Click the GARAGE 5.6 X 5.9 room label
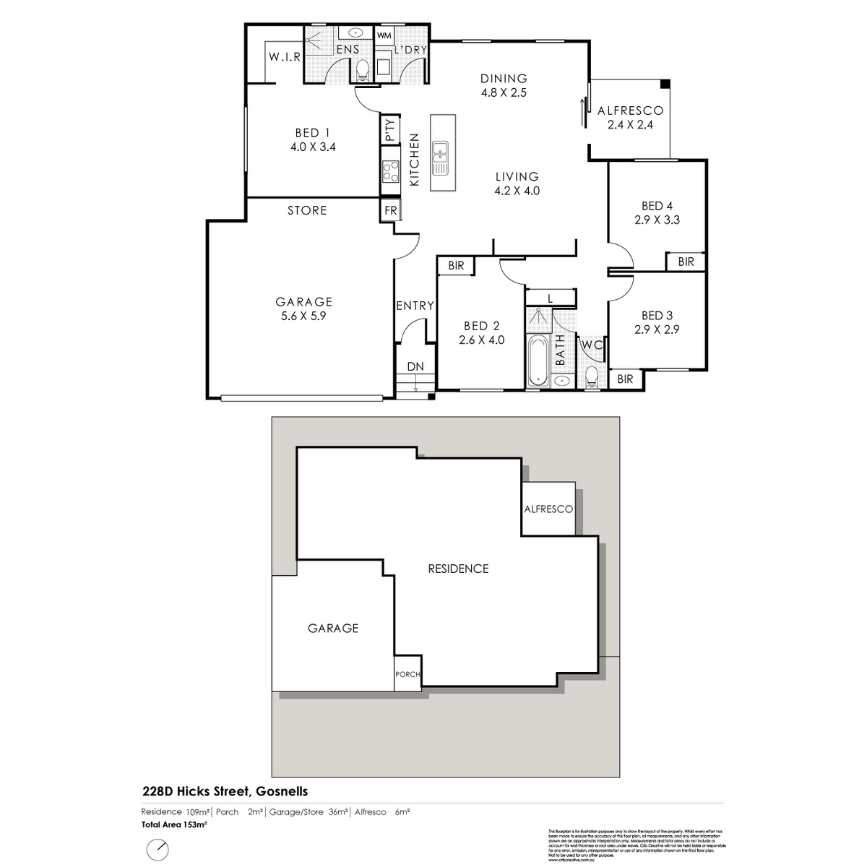(x=303, y=309)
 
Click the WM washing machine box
(x=384, y=35)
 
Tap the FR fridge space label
(x=390, y=211)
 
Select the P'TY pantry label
(x=390, y=131)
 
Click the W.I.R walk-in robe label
(x=284, y=57)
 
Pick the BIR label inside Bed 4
(x=686, y=262)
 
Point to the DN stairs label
(x=415, y=367)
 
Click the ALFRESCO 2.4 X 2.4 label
(x=630, y=117)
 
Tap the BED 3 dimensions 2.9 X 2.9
(x=657, y=329)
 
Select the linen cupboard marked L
(x=550, y=298)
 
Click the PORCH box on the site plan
(x=407, y=674)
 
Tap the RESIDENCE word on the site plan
(x=458, y=569)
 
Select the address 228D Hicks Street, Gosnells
(x=225, y=792)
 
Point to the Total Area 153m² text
(x=174, y=824)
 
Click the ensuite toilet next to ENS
(x=363, y=70)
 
